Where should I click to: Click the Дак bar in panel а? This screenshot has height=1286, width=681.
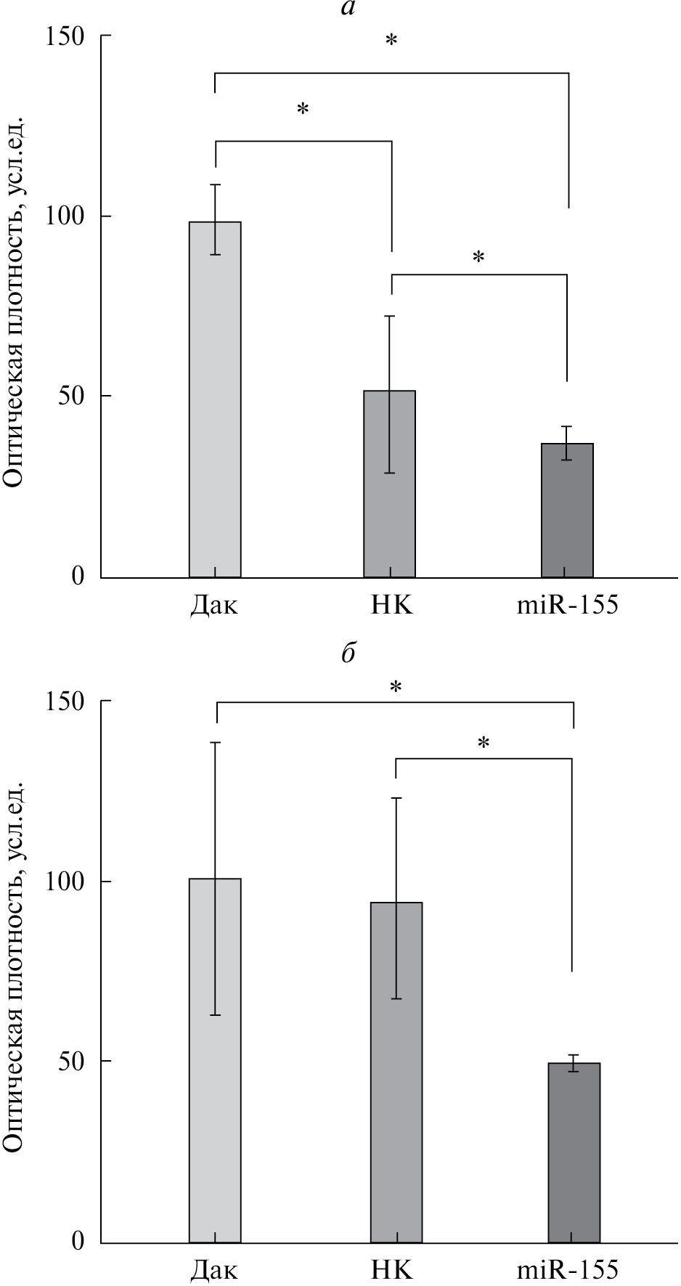(215, 399)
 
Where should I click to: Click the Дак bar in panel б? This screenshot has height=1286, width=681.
(215, 1060)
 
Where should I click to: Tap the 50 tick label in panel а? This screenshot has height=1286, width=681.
(73, 396)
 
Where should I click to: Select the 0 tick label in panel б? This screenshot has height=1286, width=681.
(78, 1241)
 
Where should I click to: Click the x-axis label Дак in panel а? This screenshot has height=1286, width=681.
(214, 605)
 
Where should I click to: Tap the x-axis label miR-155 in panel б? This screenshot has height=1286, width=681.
(567, 1270)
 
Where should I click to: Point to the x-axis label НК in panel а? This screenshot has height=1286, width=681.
(391, 605)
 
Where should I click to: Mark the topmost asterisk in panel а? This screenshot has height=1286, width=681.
(391, 41)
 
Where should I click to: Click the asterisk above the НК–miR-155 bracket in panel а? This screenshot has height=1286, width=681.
(478, 258)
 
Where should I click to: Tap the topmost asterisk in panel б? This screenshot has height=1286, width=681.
(396, 687)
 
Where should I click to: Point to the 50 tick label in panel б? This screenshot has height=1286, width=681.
(73, 1062)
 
